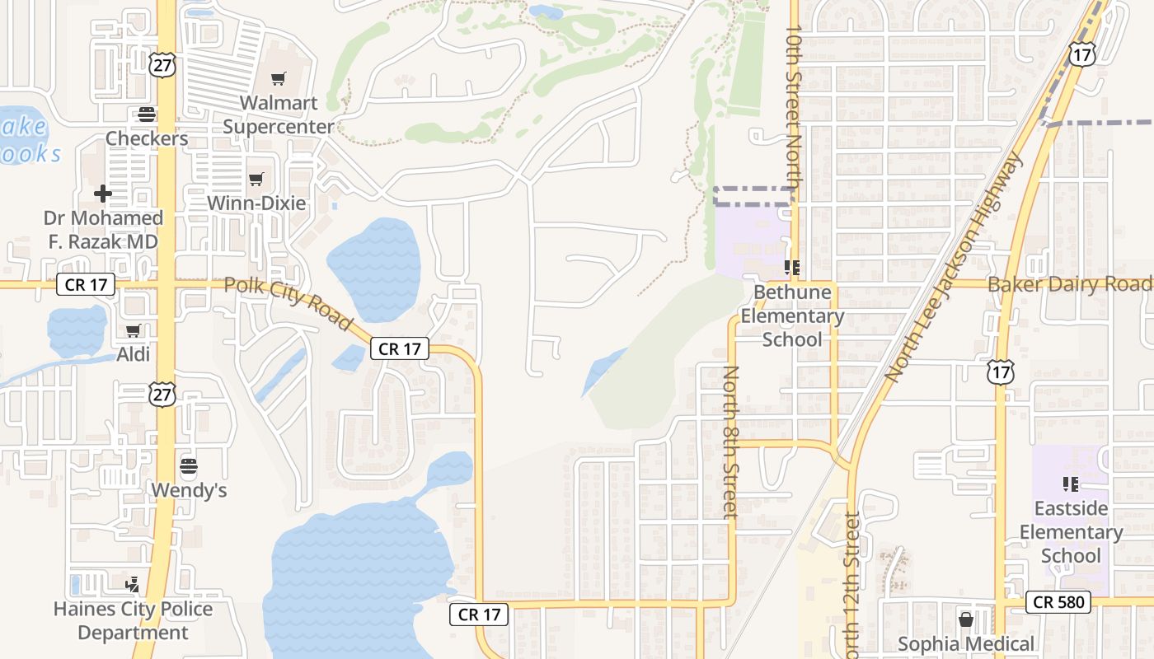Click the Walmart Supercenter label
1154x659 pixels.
coord(279,115)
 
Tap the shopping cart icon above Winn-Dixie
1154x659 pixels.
coord(256,179)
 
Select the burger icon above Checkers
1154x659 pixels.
coord(147,115)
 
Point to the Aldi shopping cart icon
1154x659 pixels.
coord(134,331)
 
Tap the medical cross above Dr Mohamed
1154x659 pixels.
coord(103,194)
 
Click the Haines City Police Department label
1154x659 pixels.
coord(133,621)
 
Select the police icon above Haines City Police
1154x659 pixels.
coord(132,585)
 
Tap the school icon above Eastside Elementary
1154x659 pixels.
coord(1071,484)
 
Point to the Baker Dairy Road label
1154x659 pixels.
coord(1069,284)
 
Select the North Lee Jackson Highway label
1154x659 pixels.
coord(954,268)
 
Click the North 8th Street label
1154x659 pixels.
coord(730,442)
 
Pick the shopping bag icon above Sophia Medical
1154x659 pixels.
coord(965,619)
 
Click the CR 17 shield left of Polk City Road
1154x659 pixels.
coord(86,285)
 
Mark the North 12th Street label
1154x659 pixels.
coord(852,585)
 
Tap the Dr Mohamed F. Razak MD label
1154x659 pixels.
coord(103,230)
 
